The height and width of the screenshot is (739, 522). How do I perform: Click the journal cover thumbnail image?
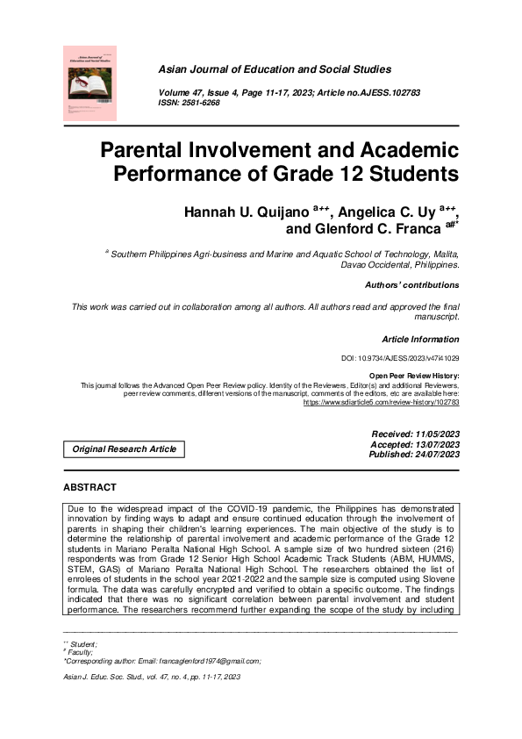tap(89, 83)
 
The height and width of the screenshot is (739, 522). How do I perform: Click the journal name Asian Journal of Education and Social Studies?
tap(275, 69)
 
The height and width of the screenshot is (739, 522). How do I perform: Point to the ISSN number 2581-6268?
tap(202, 103)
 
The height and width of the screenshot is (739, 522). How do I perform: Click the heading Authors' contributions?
tap(411, 285)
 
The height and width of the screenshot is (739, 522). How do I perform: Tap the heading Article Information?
tap(420, 339)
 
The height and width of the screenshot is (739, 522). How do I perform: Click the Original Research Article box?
tap(124, 449)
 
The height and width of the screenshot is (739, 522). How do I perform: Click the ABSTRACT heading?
tap(89, 487)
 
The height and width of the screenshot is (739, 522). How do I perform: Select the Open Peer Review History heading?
tap(413, 376)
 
